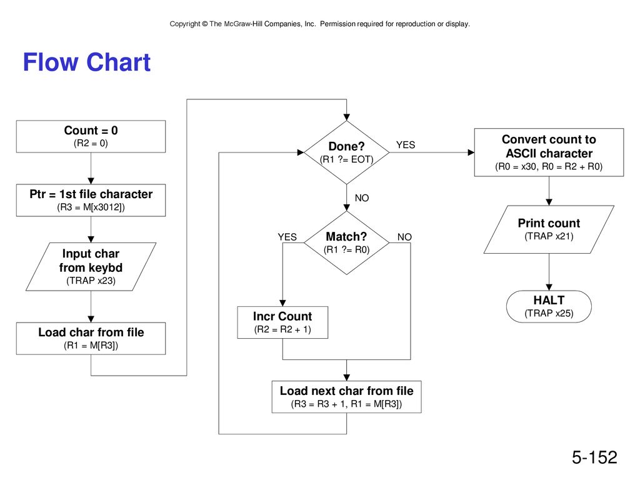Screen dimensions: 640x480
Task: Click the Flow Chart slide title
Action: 86,62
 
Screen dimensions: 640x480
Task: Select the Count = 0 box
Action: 91,136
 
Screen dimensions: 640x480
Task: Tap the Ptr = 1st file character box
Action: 91,200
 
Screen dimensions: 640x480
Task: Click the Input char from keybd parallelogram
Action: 91,266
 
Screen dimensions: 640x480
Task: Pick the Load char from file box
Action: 91,338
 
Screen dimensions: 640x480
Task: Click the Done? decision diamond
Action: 346,152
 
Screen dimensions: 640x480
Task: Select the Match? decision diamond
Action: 346,243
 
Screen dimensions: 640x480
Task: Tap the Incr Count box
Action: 282,322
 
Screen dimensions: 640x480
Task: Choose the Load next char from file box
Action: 346,397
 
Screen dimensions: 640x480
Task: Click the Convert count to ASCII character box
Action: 549,152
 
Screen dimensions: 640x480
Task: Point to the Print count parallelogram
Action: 549,229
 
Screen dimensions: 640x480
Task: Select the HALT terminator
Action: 549,306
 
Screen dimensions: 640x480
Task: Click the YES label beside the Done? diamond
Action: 405,145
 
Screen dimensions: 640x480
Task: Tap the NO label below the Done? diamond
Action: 362,198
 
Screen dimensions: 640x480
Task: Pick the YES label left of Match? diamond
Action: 287,237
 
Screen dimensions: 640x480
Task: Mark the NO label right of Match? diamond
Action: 404,237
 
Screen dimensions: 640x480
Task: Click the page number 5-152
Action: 594,457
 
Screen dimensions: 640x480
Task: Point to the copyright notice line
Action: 319,24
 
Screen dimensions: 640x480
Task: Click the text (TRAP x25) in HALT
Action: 549,313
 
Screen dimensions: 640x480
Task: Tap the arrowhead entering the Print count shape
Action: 549,202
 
